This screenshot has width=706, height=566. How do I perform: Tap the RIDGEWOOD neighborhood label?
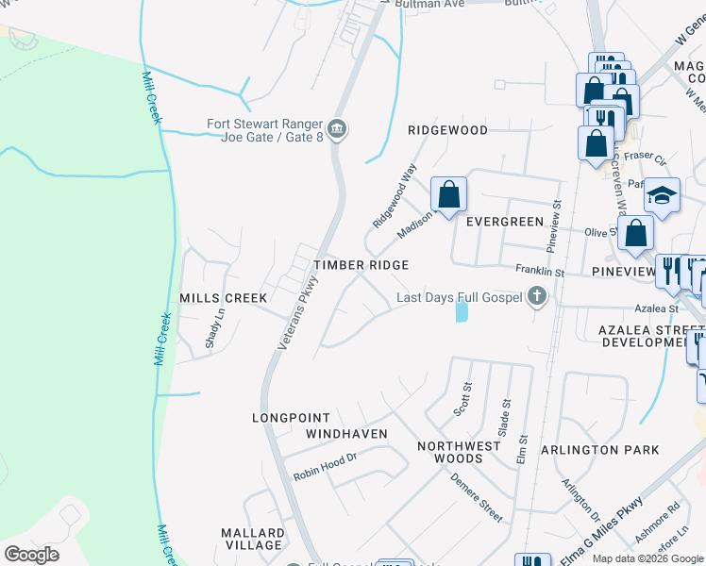click(x=447, y=130)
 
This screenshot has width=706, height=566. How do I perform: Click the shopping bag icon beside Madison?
click(x=449, y=194)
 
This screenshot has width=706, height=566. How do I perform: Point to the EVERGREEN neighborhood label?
click(x=505, y=222)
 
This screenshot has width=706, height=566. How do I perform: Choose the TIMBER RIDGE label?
click(x=361, y=266)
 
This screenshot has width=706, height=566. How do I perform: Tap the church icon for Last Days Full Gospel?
click(x=536, y=298)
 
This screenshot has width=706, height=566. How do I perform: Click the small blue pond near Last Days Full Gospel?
click(x=461, y=311)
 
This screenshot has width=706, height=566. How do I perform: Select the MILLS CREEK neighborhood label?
click(x=224, y=298)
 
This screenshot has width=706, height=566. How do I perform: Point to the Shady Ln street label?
click(x=214, y=327)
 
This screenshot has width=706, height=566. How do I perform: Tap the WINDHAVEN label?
click(x=346, y=434)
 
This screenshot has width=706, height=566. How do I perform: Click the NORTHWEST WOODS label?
click(x=458, y=452)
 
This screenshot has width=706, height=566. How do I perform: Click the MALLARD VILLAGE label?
click(x=252, y=539)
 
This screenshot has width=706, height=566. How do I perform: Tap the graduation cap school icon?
click(x=662, y=196)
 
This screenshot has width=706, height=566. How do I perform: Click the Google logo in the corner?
click(x=31, y=555)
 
